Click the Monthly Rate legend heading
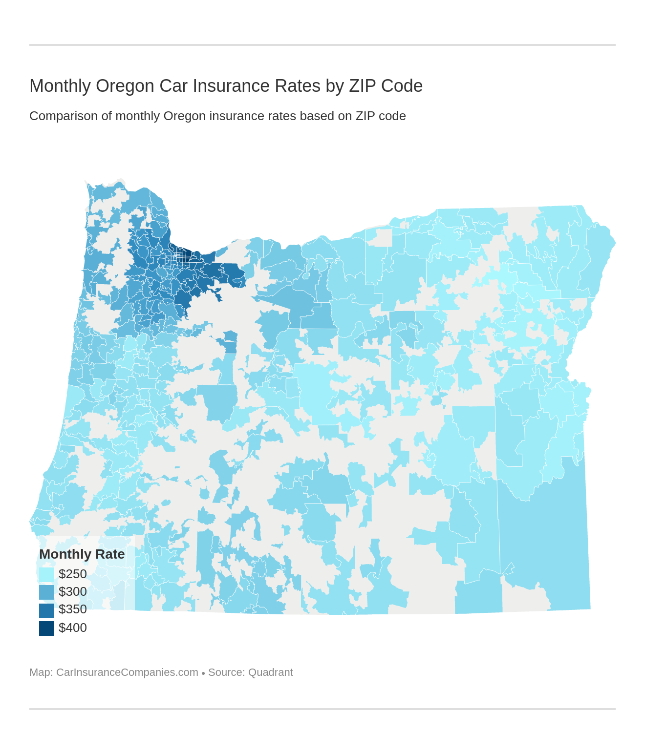coord(82,554)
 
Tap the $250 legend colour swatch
coord(46,574)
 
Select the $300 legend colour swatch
coord(46,592)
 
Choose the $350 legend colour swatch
coord(46,610)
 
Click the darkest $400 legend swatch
coord(46,628)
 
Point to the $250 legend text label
coord(73,574)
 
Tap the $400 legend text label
coord(73,628)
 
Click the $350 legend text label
coord(73,609)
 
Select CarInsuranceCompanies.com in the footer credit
coord(127,672)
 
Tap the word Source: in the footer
coord(226,672)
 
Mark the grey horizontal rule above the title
coord(322,45)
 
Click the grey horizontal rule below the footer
coord(322,709)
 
